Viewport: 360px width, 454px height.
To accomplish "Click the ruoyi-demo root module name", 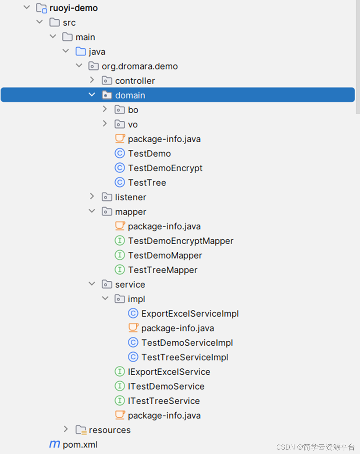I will pos(73,8).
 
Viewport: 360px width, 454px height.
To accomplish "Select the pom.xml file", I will pos(80,444).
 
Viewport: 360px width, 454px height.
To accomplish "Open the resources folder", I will pos(109,430).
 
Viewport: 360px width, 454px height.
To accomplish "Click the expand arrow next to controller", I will pos(92,80).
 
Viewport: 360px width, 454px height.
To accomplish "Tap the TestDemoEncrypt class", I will pos(165,168).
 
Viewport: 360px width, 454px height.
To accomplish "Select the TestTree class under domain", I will pos(147,182).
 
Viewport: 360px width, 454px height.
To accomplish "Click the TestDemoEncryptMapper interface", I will pos(181,241).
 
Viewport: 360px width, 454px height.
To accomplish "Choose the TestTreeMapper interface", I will pos(162,270).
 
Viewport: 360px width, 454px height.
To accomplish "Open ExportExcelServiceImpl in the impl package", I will pos(190,314).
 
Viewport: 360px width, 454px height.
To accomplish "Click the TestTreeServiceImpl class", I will pos(185,357).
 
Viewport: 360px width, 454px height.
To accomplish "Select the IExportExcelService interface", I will pos(169,372).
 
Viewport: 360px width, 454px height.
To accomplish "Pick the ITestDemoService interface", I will pos(166,386).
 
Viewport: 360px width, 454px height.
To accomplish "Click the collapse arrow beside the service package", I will pos(92,284).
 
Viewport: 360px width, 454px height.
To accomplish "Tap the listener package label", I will pos(130,197).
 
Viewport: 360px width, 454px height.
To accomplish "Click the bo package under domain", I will pos(133,110).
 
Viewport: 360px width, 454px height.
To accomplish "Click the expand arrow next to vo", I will pos(105,124).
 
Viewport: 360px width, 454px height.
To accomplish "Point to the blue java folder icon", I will pos(81,51).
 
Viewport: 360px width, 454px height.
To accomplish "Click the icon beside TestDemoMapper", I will pos(120,255).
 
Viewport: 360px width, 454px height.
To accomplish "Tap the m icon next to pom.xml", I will pos(55,444).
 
